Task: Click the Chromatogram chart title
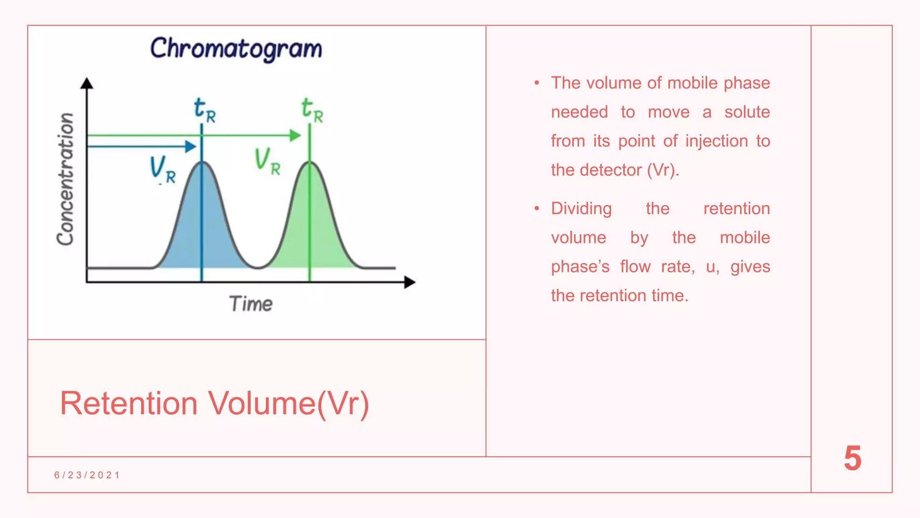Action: (x=236, y=49)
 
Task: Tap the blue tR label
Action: (x=204, y=110)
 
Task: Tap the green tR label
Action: (x=312, y=110)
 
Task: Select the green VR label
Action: (x=267, y=161)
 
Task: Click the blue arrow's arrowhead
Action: (x=191, y=146)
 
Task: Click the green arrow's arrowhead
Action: (x=295, y=135)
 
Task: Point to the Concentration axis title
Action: (x=66, y=179)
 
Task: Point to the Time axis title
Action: (x=251, y=304)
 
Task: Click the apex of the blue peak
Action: (x=202, y=162)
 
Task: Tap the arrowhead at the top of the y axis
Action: (x=87, y=83)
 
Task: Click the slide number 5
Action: (x=852, y=459)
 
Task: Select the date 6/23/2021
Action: (x=87, y=475)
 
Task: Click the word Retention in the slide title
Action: (x=129, y=403)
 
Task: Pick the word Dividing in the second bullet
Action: (x=581, y=209)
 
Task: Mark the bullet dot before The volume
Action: (x=536, y=83)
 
